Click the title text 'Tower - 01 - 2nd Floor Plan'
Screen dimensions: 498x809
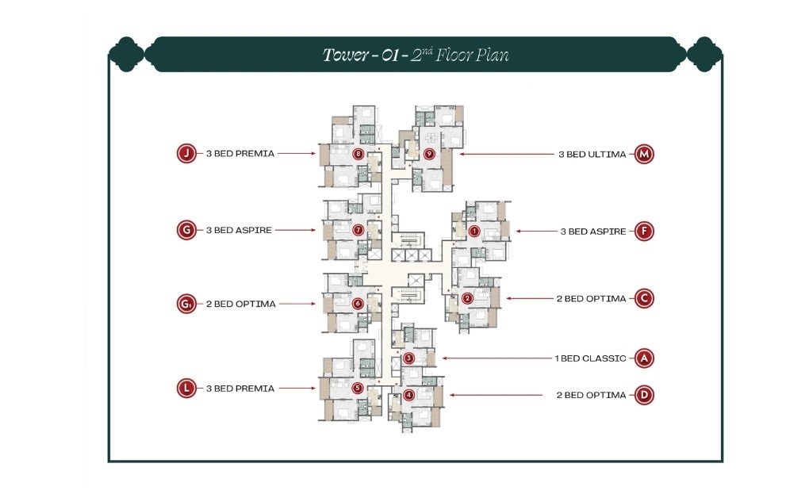[x=415, y=55]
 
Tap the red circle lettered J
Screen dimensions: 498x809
[x=186, y=154]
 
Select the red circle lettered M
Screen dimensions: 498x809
[x=644, y=154]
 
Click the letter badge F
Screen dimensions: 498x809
[x=646, y=232]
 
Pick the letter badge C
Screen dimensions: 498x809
[x=645, y=299]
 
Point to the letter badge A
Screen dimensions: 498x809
[x=645, y=358]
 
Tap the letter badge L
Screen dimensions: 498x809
[x=186, y=389]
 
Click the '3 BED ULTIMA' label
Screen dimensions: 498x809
[x=592, y=154]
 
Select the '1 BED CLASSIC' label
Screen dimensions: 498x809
[x=590, y=358]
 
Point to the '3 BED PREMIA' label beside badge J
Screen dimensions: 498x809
[x=240, y=154]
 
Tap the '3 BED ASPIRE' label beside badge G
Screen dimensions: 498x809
[x=239, y=231]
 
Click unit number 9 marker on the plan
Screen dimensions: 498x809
[x=429, y=154]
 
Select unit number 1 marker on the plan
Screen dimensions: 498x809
[x=474, y=232]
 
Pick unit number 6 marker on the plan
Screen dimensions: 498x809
[x=358, y=303]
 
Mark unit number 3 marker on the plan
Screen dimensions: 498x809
[x=408, y=358]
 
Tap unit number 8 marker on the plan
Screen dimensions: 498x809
[x=358, y=154]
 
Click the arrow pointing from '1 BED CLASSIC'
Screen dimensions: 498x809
[x=496, y=358]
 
